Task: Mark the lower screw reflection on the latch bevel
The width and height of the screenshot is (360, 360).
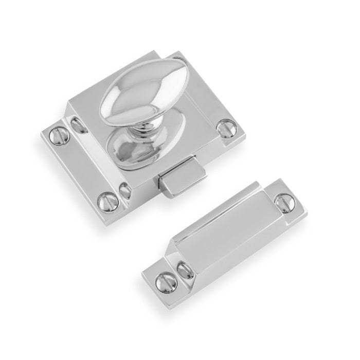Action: point(124,190)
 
